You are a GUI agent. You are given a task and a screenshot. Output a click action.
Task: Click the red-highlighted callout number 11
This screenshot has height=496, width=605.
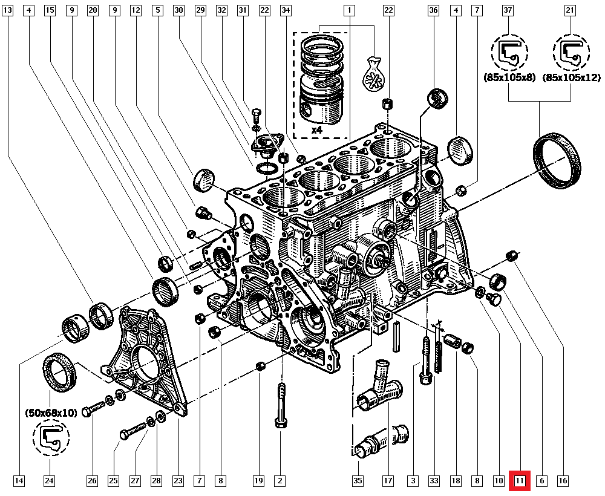click(520, 481)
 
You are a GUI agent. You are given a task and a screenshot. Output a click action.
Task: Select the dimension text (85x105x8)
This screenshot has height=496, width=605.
click(509, 77)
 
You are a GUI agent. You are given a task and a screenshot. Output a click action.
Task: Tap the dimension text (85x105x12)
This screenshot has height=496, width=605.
click(571, 77)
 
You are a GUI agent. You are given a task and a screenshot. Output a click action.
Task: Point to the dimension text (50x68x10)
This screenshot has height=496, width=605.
click(51, 413)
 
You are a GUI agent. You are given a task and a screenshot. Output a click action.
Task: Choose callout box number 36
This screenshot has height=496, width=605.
click(433, 10)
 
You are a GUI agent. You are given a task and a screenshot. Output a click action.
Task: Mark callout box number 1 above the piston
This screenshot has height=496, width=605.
click(349, 10)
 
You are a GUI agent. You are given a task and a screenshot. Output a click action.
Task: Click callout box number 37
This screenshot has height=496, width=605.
click(508, 10)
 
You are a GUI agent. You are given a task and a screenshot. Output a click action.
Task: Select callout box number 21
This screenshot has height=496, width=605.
click(570, 10)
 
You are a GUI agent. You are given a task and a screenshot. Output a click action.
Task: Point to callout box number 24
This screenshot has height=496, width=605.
click(49, 481)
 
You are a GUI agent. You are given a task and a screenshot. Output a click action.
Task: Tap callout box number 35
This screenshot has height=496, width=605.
click(358, 481)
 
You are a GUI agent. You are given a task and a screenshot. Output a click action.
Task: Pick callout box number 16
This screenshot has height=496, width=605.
click(563, 481)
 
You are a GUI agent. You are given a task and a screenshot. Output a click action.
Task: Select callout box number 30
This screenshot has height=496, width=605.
click(178, 10)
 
